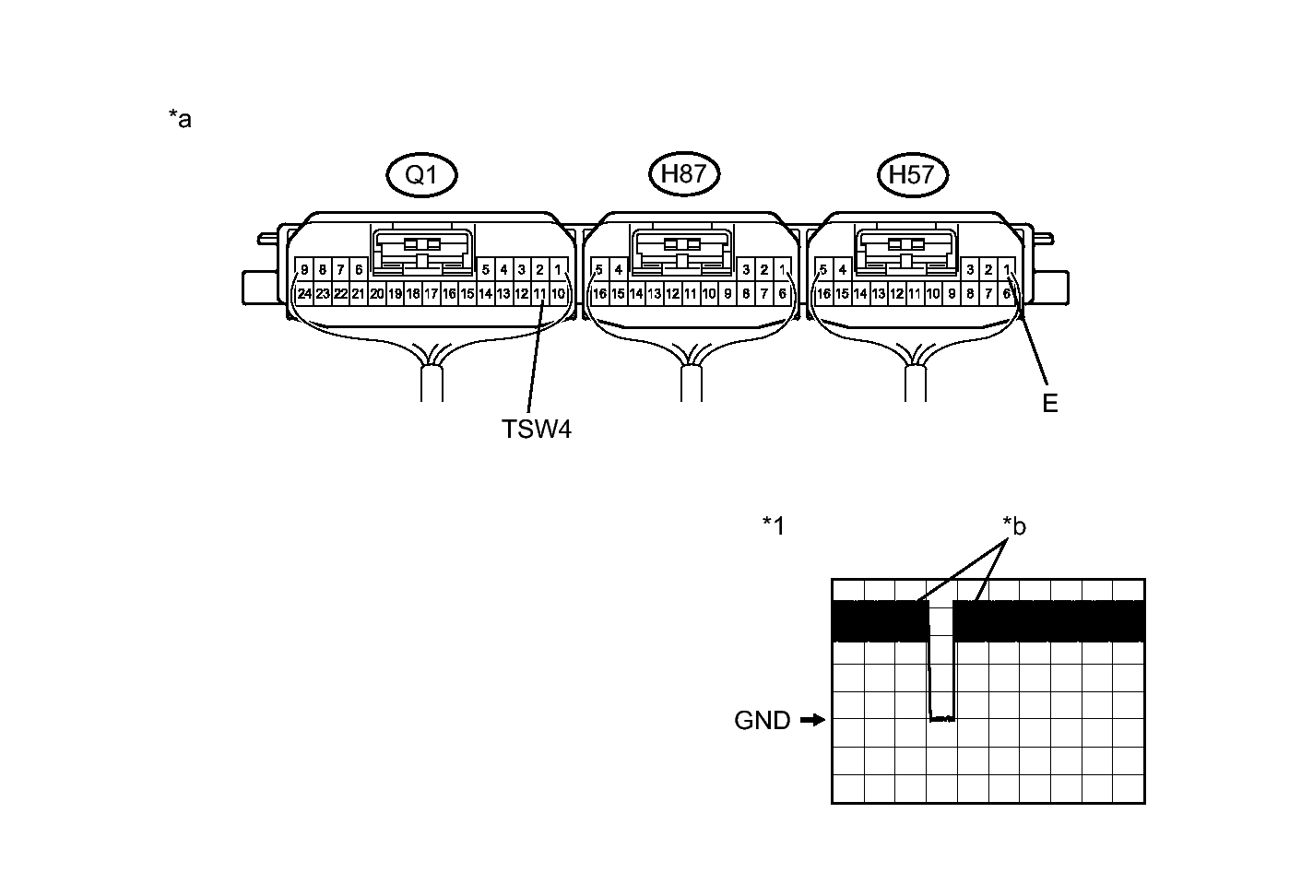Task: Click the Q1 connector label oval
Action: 421,175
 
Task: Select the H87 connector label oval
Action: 683,173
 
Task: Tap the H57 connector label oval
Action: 912,175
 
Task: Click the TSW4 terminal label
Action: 537,429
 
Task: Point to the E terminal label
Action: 1049,403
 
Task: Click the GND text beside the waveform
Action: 763,721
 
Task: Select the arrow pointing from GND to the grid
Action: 812,720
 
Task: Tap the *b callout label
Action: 1014,526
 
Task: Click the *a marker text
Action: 180,119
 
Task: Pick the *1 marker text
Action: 774,525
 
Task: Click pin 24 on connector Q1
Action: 304,294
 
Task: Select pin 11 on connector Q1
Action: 539,294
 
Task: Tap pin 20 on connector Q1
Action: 376,294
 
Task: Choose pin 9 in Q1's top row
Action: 304,270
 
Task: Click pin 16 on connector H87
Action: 599,294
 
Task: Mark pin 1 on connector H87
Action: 782,270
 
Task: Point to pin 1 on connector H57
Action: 1008,270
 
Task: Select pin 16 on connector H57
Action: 823,294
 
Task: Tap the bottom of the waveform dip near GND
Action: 941,718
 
